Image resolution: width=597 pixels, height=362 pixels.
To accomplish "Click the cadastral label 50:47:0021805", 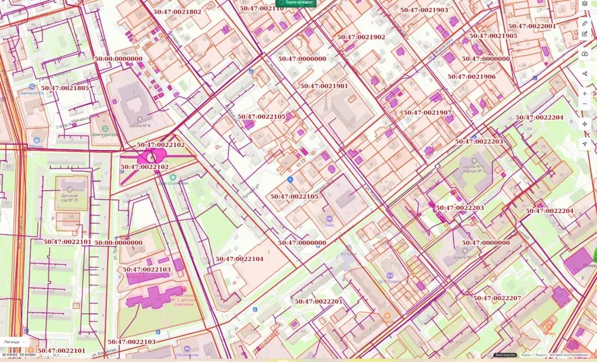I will [65, 88].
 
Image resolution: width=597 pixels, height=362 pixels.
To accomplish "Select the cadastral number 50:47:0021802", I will [177, 12].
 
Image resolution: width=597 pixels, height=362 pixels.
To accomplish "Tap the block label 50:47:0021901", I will [324, 86].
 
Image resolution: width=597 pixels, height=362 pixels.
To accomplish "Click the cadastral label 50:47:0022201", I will [319, 301].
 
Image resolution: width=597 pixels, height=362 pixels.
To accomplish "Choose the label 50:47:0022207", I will [497, 298].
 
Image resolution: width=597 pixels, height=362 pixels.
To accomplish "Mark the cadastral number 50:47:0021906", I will [472, 76].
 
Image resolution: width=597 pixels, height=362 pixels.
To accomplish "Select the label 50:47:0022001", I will [532, 26].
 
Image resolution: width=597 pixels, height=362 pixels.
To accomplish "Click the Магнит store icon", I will [37, 140].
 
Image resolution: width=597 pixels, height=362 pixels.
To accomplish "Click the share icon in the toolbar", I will [585, 74].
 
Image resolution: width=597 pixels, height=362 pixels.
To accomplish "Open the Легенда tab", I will [12, 342].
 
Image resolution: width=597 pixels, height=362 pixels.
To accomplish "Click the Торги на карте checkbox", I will [281, 2].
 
